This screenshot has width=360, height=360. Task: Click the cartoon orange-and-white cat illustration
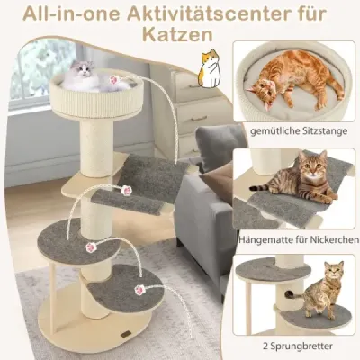(x=211, y=68)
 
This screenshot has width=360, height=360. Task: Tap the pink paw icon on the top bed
(x=114, y=80)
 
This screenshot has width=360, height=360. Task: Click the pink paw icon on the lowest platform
(x=139, y=290)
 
